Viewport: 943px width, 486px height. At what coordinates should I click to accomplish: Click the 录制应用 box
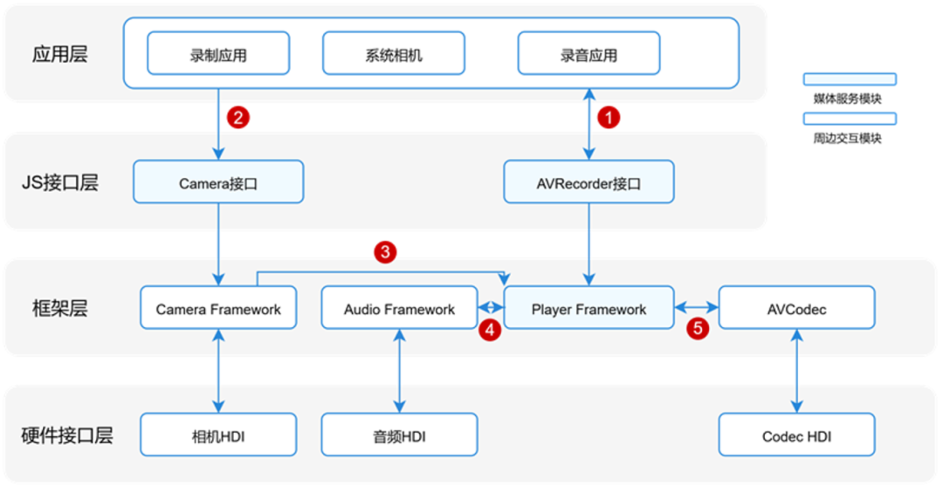(x=218, y=54)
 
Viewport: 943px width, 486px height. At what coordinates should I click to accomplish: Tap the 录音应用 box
(x=589, y=54)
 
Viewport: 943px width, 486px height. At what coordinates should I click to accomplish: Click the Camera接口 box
(x=218, y=182)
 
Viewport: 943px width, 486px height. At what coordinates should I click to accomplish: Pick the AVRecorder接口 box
(x=589, y=182)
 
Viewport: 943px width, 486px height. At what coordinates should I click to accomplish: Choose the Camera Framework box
(x=218, y=309)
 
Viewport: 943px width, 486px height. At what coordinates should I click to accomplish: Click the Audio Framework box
(x=399, y=309)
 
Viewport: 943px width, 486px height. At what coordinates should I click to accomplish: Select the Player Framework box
(x=589, y=309)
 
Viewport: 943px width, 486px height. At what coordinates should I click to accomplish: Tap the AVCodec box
(x=795, y=309)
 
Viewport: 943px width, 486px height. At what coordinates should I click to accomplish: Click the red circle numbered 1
(x=609, y=117)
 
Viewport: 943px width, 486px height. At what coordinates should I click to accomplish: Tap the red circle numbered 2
(x=237, y=117)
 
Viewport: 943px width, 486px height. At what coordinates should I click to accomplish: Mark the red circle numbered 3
(x=385, y=253)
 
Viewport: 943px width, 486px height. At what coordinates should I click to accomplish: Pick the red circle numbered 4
(x=491, y=330)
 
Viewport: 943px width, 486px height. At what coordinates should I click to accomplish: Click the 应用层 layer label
(x=60, y=54)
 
